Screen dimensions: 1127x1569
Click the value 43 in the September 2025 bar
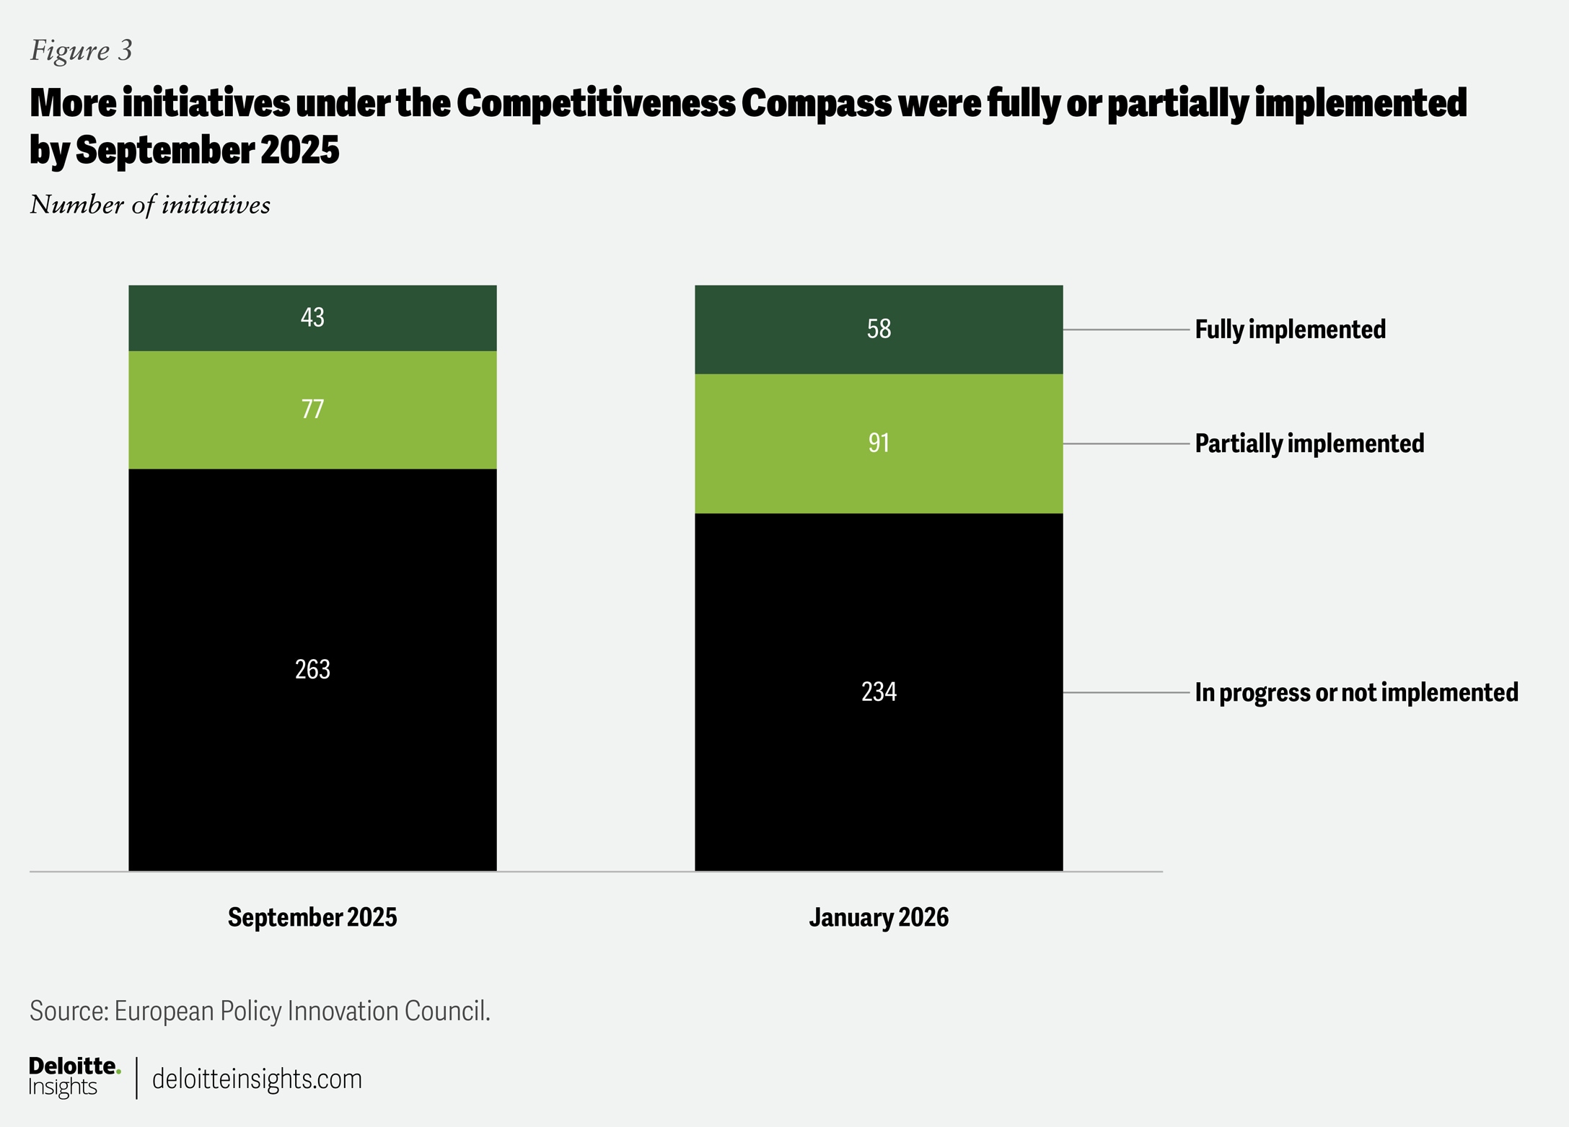[312, 317]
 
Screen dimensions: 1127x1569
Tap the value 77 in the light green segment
[312, 409]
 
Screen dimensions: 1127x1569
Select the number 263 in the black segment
[312, 670]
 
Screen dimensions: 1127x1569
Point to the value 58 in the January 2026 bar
[879, 329]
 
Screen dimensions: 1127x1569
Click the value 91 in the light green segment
[879, 443]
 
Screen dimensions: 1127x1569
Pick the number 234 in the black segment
[879, 692]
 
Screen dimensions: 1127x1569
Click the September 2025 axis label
[312, 917]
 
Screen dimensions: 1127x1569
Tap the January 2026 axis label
[879, 917]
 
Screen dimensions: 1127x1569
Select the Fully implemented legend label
[1290, 330]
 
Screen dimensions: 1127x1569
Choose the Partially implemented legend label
[1309, 443]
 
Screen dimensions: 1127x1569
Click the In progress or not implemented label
[1356, 692]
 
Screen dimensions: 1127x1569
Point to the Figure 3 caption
[82, 50]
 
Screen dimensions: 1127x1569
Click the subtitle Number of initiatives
[150, 205]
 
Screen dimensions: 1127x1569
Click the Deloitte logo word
[74, 1066]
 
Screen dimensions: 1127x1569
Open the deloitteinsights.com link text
[257, 1079]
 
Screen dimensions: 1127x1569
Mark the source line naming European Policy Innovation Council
[260, 1011]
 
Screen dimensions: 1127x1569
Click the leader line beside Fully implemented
[1125, 330]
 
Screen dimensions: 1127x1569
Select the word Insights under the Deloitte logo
[63, 1087]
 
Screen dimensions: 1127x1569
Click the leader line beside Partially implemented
[1125, 443]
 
